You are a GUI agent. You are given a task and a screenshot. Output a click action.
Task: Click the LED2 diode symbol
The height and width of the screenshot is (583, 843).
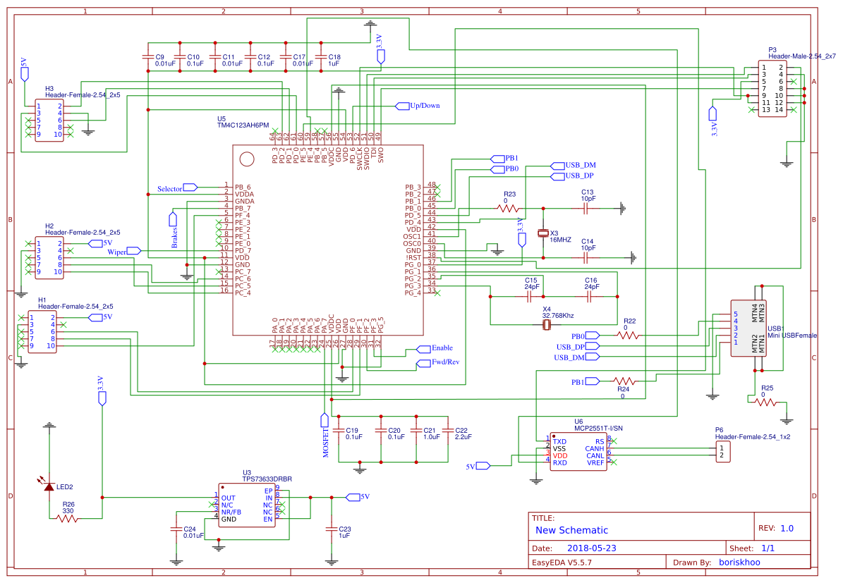point(49,486)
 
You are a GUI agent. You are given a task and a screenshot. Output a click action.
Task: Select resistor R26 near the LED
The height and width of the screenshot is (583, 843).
point(67,518)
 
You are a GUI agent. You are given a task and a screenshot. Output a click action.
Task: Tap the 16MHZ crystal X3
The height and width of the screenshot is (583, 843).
point(543,233)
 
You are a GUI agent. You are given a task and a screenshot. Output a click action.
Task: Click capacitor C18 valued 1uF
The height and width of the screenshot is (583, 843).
point(321,56)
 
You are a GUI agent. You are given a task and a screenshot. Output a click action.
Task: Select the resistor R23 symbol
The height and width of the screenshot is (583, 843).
point(508,208)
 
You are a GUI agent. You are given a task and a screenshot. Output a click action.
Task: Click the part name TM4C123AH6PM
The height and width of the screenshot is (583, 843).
point(243,125)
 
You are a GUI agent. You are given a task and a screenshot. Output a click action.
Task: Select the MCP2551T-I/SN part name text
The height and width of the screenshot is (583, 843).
point(598,427)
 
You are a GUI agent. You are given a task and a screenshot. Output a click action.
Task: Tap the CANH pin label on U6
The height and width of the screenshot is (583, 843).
point(594,448)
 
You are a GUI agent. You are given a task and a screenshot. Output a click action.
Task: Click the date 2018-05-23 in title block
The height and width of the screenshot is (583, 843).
point(591,548)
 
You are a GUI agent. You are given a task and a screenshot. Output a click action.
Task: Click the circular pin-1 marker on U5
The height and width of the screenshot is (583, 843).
point(246,159)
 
